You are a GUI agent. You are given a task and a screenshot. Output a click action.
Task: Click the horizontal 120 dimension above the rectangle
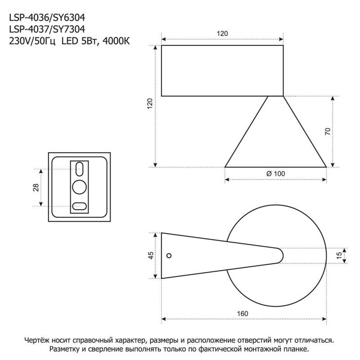point(222,34)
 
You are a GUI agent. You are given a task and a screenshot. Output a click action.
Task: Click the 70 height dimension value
point(328,131)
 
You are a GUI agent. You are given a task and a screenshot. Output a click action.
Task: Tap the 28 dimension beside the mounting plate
point(36,187)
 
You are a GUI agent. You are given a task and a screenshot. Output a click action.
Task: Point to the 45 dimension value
point(151,255)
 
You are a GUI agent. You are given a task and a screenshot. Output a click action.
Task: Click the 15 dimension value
point(339,255)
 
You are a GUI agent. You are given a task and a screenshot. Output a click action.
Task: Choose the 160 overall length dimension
point(243,313)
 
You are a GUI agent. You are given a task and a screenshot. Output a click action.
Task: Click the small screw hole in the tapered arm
point(169,256)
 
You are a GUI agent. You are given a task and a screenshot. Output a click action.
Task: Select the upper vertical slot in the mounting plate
point(80,169)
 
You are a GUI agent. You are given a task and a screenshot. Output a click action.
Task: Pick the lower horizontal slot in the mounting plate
point(80,206)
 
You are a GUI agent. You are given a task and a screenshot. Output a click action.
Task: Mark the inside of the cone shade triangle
point(275,139)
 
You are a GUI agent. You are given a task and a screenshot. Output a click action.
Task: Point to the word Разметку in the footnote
point(66,349)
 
